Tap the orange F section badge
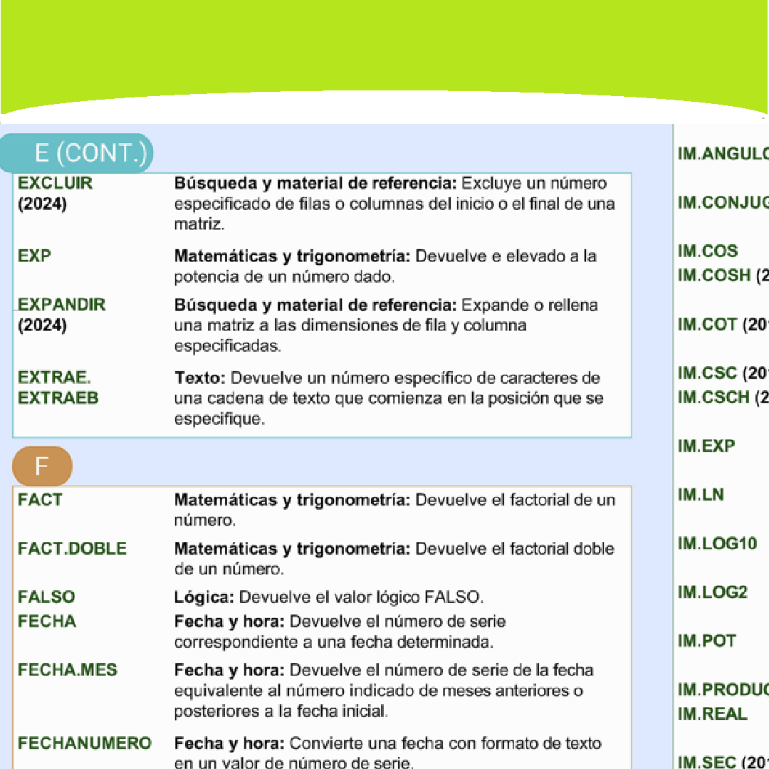(42, 466)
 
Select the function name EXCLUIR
(55, 183)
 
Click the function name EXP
(34, 256)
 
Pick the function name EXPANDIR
(61, 305)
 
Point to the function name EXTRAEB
(58, 398)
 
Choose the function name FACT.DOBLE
(72, 548)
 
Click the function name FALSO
(46, 597)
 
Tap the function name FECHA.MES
(67, 670)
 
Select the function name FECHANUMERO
(84, 743)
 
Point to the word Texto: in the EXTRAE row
(200, 377)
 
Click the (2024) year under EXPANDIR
(42, 326)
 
